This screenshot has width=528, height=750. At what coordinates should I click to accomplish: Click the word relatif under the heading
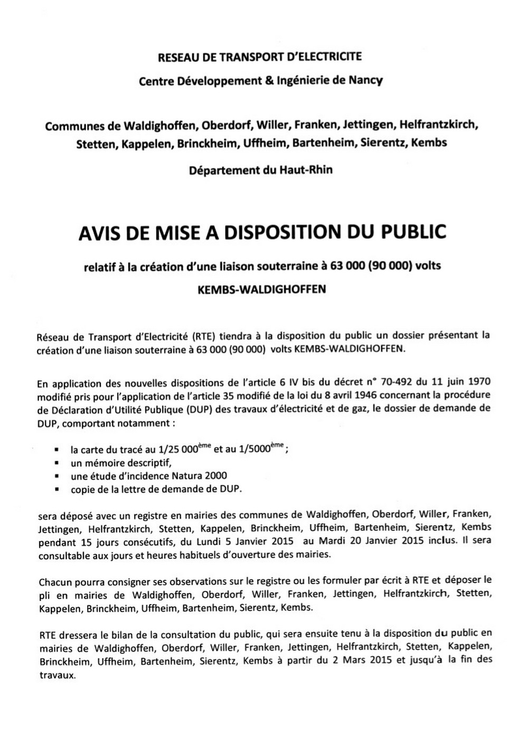pyautogui.click(x=101, y=266)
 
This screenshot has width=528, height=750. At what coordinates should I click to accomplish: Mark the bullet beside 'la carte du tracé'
pyautogui.click(x=56, y=451)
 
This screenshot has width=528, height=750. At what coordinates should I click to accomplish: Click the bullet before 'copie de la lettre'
pyautogui.click(x=56, y=490)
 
